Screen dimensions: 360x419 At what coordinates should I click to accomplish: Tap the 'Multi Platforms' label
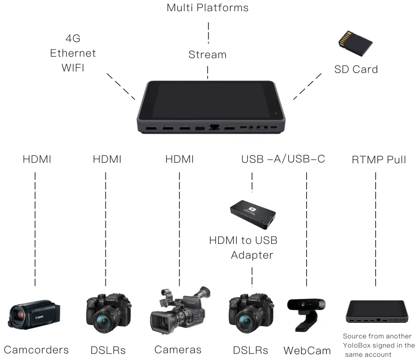[x=207, y=7]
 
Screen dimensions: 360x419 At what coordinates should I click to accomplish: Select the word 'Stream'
[x=207, y=55]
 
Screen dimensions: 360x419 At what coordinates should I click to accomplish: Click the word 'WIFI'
[x=73, y=68]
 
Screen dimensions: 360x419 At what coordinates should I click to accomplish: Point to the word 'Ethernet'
[x=73, y=53]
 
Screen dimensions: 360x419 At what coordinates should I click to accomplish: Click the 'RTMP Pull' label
[x=379, y=160]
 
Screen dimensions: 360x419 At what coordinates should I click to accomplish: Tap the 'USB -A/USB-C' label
[x=283, y=159]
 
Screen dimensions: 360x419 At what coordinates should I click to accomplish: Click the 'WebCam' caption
[x=307, y=351]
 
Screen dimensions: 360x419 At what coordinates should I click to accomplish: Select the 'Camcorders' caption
[x=36, y=350]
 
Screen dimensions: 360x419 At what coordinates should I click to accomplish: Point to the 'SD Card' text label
[x=356, y=69]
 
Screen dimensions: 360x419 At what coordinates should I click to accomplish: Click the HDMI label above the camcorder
[x=37, y=159]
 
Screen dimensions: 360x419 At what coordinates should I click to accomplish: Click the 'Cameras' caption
[x=178, y=350]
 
